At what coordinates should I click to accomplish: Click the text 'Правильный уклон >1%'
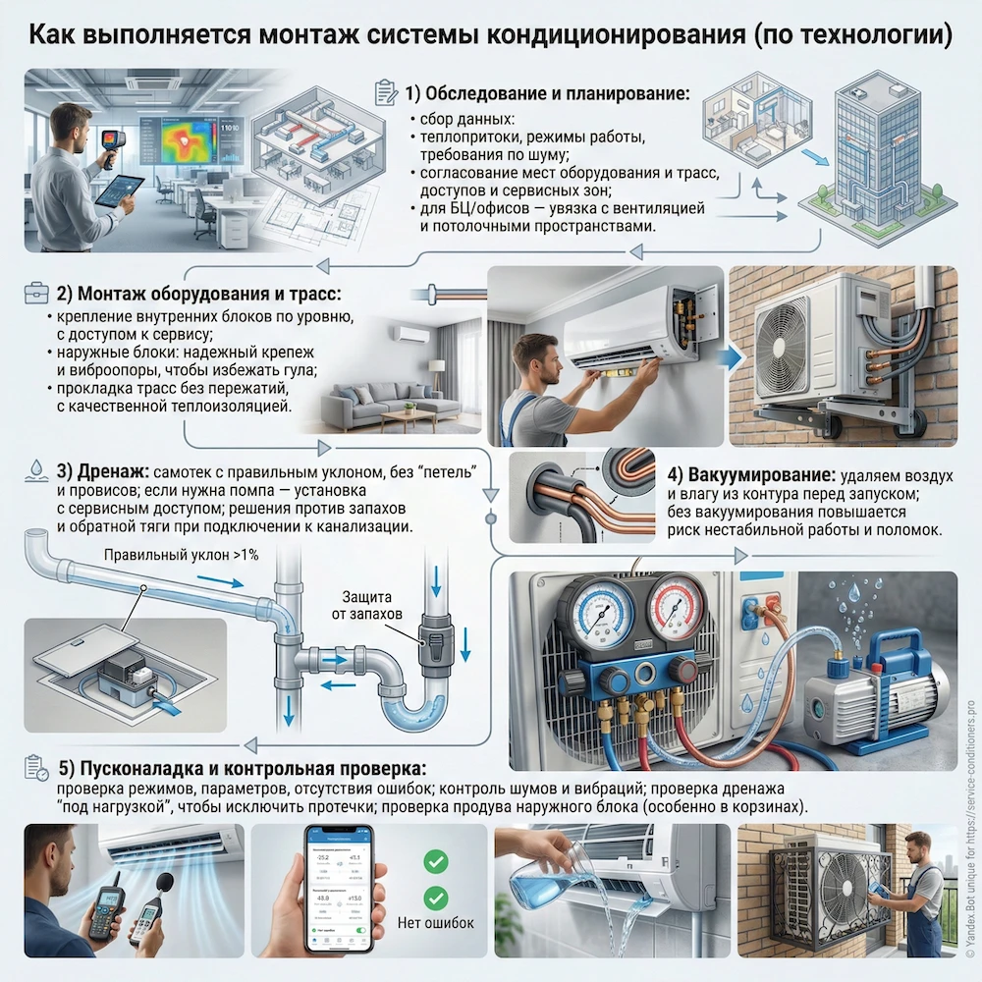tap(181, 555)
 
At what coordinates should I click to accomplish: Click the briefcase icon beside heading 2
tap(34, 293)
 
